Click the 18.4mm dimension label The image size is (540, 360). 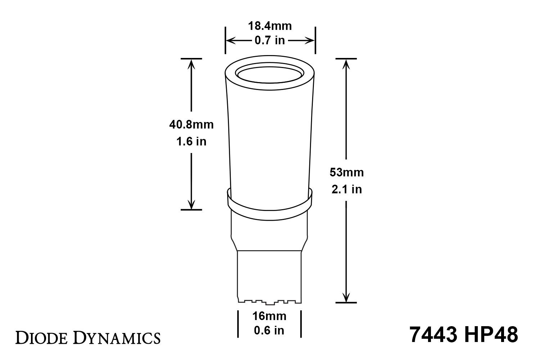tap(270, 26)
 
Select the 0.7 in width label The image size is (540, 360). tap(270, 40)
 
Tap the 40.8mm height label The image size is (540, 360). tap(191, 125)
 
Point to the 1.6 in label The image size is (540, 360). tap(191, 141)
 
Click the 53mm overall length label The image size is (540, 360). tap(346, 172)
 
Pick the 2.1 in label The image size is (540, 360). tap(346, 189)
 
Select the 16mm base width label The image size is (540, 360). tap(269, 316)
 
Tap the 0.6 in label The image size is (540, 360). tap(269, 330)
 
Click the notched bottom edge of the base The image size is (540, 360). tap(269, 301)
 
